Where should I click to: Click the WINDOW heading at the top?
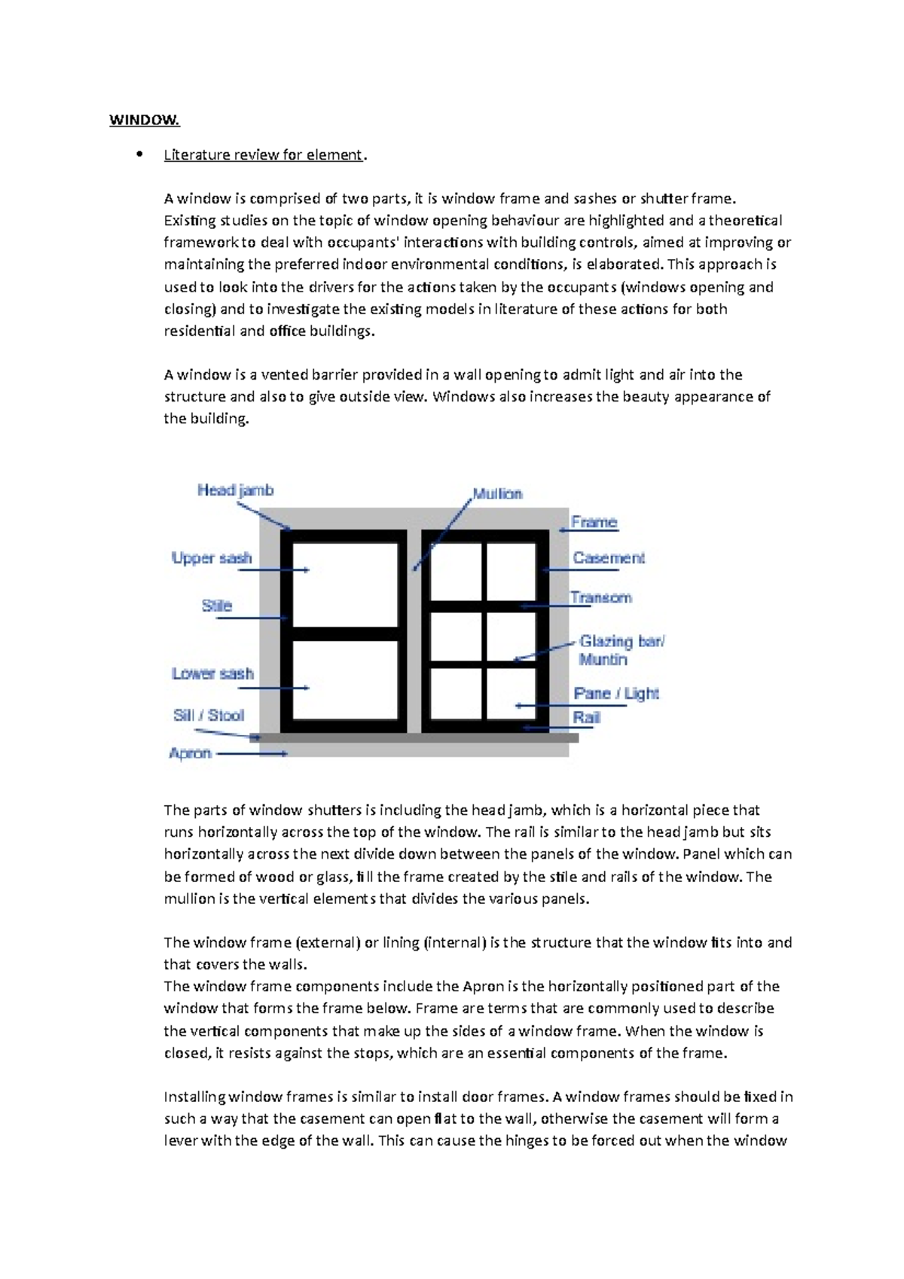coord(145,121)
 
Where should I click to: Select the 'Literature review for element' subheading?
coord(263,155)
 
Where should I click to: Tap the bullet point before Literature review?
coord(139,155)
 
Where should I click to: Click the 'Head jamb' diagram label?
coord(235,490)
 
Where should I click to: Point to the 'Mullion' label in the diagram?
coord(497,494)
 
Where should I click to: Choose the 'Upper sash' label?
coord(212,558)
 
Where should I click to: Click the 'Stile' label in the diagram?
coord(216,606)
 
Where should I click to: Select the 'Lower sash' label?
coord(212,673)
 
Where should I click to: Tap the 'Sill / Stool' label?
coord(209,715)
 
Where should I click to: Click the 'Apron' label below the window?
coord(190,753)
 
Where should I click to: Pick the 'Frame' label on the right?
coord(594,522)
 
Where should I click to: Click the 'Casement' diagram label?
coord(609,558)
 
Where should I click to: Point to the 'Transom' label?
coord(600,598)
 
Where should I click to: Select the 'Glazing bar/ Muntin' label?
coord(621,650)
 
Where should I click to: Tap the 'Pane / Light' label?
coord(615,693)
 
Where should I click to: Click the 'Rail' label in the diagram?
coord(586,718)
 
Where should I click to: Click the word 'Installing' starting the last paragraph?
coord(194,1097)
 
